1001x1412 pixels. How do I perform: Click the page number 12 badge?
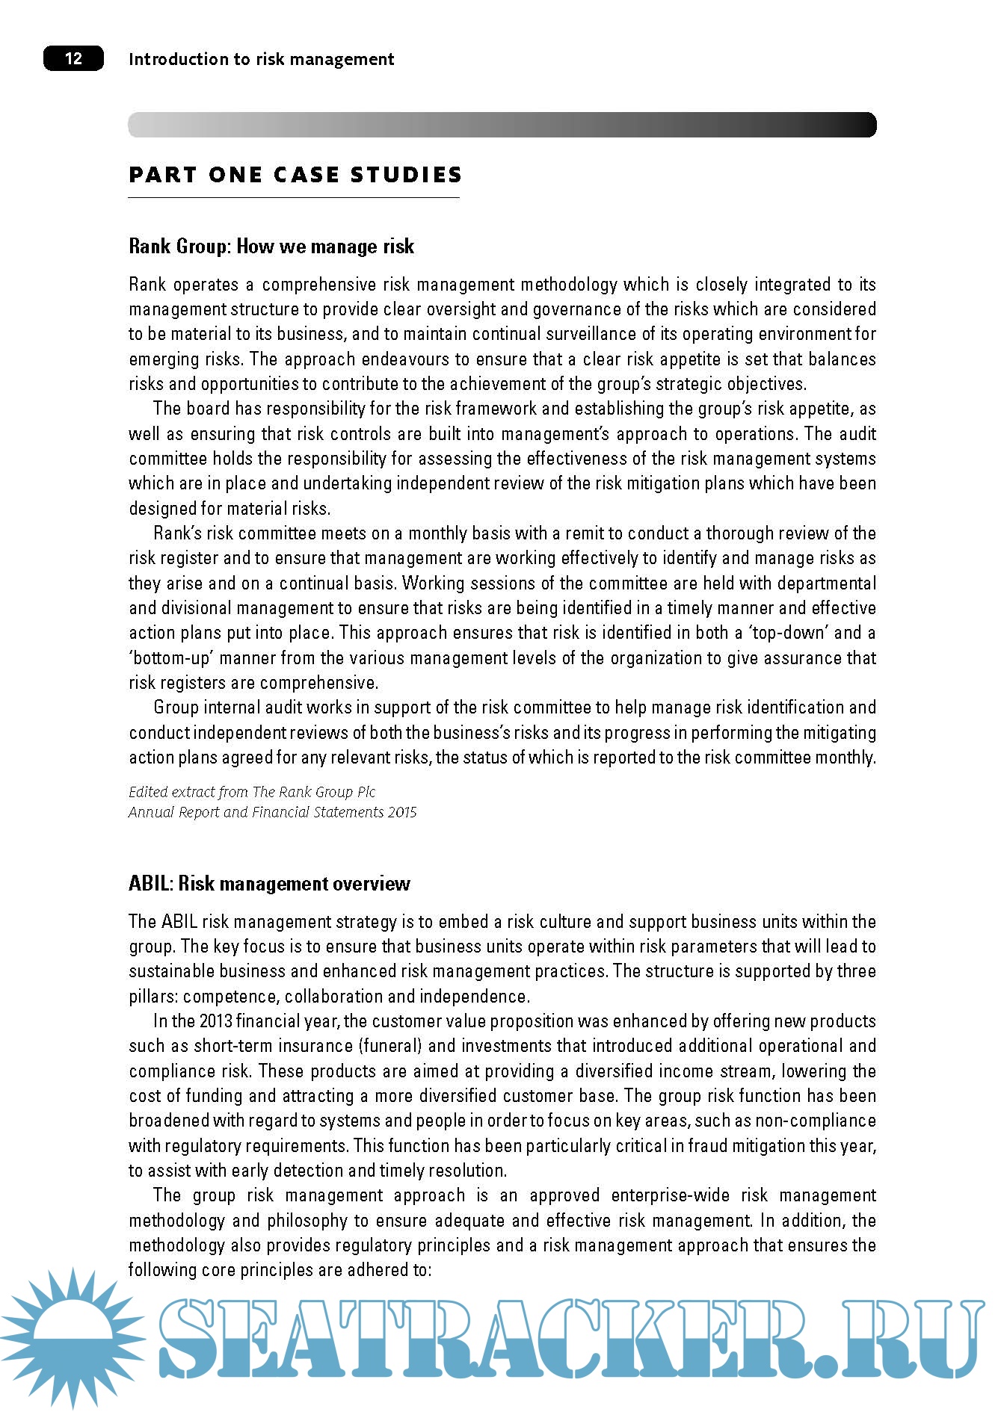[x=73, y=58]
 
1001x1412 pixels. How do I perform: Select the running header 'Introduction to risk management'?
[x=261, y=59]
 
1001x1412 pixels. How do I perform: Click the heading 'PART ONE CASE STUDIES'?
[x=295, y=175]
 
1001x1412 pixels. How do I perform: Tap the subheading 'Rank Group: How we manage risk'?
[x=271, y=247]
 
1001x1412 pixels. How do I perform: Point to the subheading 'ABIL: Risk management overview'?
[x=269, y=884]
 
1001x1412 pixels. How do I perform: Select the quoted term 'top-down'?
[x=790, y=633]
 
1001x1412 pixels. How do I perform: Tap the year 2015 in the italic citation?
[x=401, y=812]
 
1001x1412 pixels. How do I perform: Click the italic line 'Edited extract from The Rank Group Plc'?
[x=252, y=792]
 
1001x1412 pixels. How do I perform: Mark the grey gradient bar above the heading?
[x=502, y=125]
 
